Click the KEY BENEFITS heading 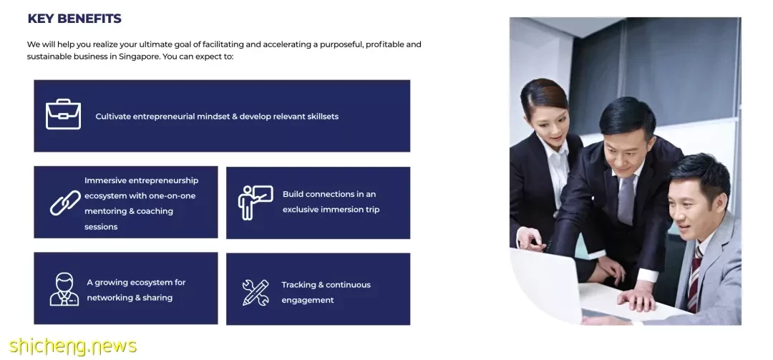74,19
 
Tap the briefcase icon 63,115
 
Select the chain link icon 66,203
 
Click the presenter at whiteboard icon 256,203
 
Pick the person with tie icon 64,289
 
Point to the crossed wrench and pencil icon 256,293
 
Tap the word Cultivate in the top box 113,117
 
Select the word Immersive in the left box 105,180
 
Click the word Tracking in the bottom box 298,285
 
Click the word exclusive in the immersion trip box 300,210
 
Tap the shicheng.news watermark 73,346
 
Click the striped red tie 694,278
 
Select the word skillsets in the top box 323,117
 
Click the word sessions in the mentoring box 101,227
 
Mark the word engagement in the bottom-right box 308,301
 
